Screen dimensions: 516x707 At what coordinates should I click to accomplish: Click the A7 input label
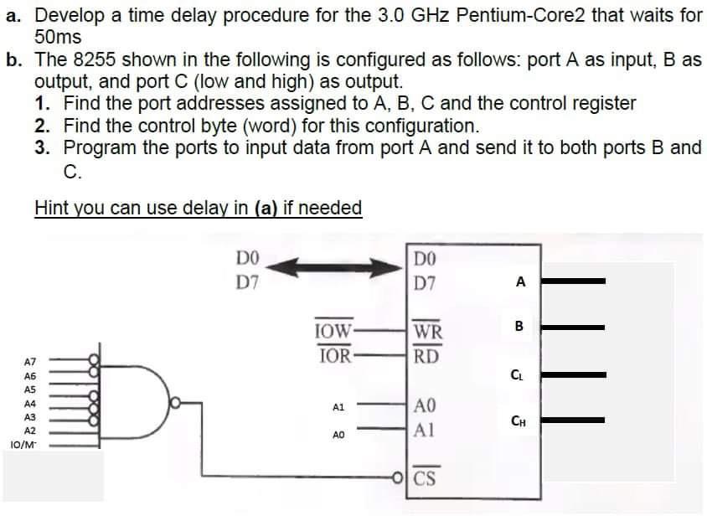[x=29, y=363]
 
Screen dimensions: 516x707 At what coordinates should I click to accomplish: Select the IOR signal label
[x=333, y=354]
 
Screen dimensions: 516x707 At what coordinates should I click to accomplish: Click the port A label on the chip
[x=520, y=282]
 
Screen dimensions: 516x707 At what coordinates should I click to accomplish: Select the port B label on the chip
[x=519, y=326]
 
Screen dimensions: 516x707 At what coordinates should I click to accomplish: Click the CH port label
[x=520, y=421]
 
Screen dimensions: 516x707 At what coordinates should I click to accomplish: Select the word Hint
[x=52, y=207]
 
